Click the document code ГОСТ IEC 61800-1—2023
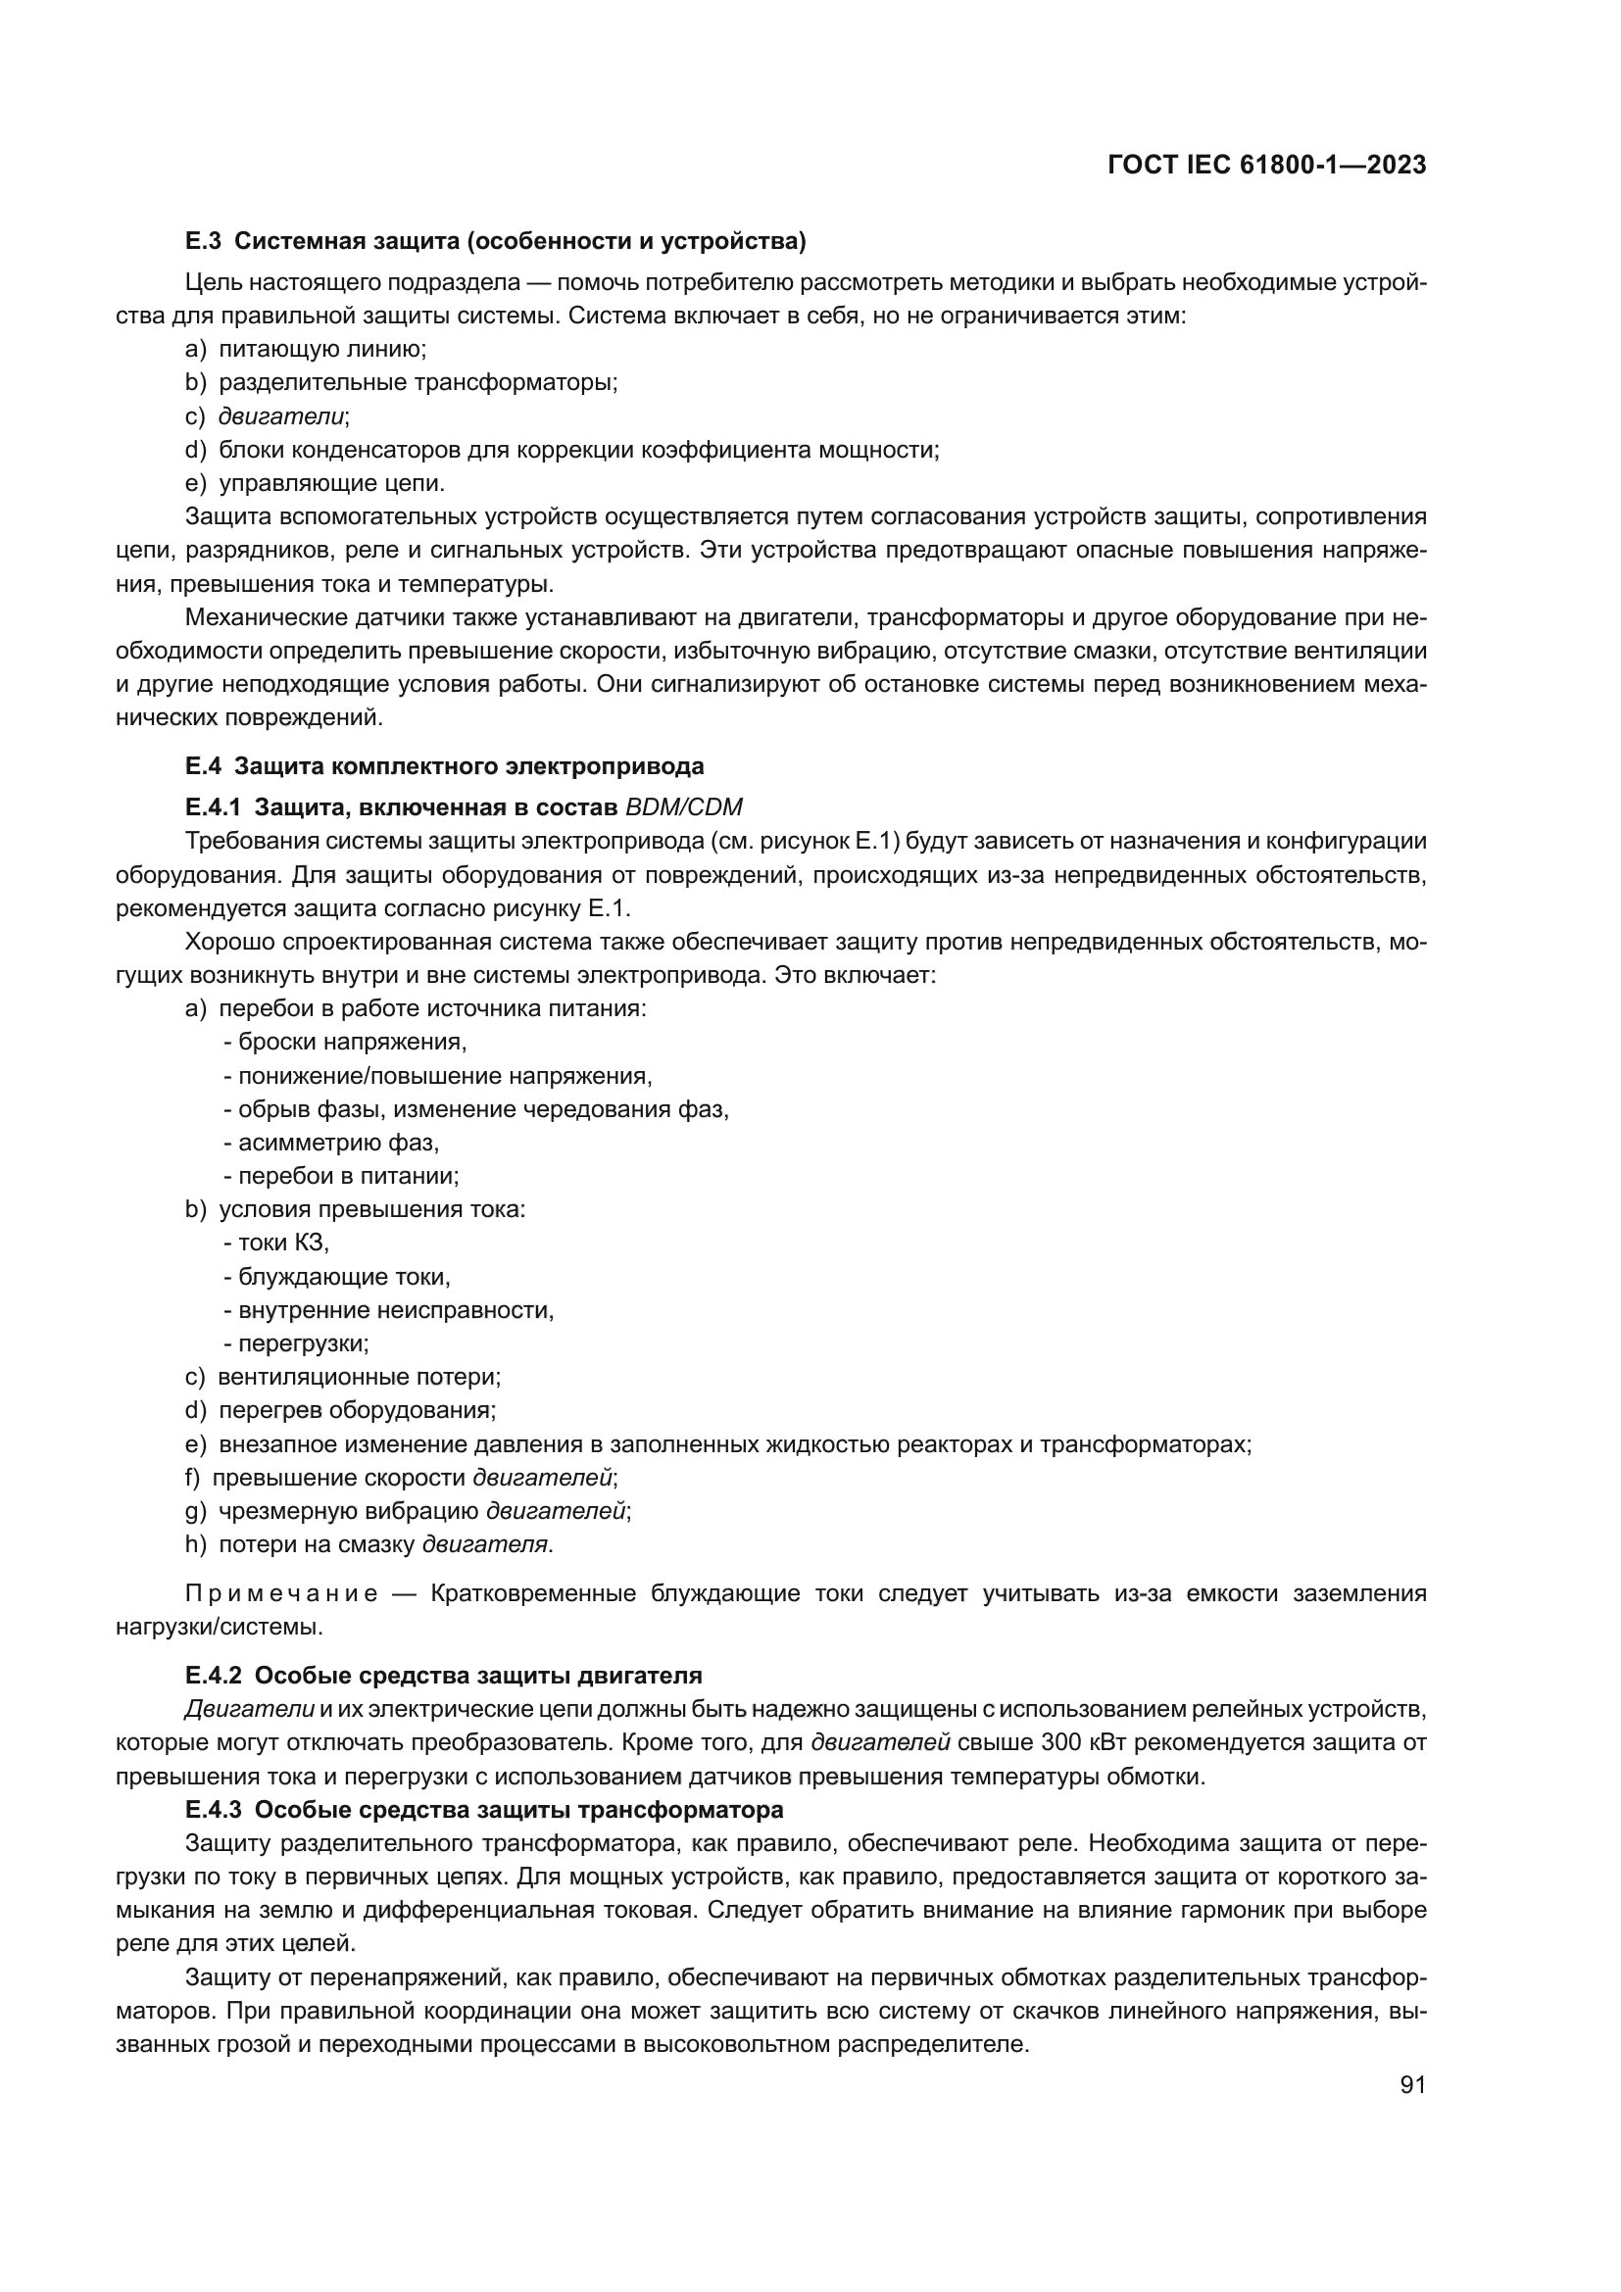[1265, 166]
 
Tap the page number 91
[1412, 2084]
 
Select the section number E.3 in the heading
[203, 242]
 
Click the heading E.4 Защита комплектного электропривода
[444, 766]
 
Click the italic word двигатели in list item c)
[281, 416]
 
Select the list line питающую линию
[321, 350]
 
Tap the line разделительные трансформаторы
[418, 382]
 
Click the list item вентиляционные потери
[359, 1378]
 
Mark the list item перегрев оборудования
[357, 1410]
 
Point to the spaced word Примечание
[282, 1593]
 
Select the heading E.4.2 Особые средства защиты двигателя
[444, 1675]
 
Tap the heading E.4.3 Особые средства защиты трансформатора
[484, 1810]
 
